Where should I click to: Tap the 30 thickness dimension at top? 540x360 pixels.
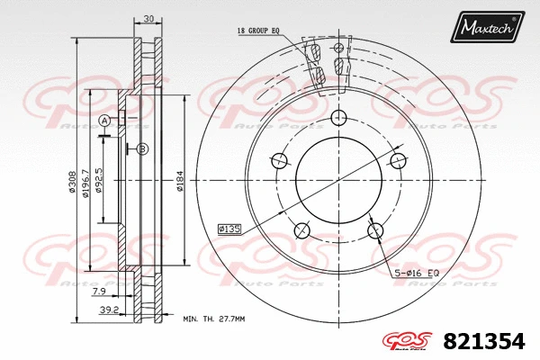pos(147,19)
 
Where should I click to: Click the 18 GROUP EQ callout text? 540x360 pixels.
pos(258,31)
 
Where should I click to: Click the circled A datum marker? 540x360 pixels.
pos(104,121)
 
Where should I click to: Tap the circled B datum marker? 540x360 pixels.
pos(142,148)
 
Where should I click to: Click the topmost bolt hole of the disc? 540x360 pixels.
pos(339,118)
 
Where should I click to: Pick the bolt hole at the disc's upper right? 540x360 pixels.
pos(397,161)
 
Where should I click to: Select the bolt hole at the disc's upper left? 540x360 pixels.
pos(280,161)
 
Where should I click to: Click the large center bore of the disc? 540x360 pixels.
pos(338,180)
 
